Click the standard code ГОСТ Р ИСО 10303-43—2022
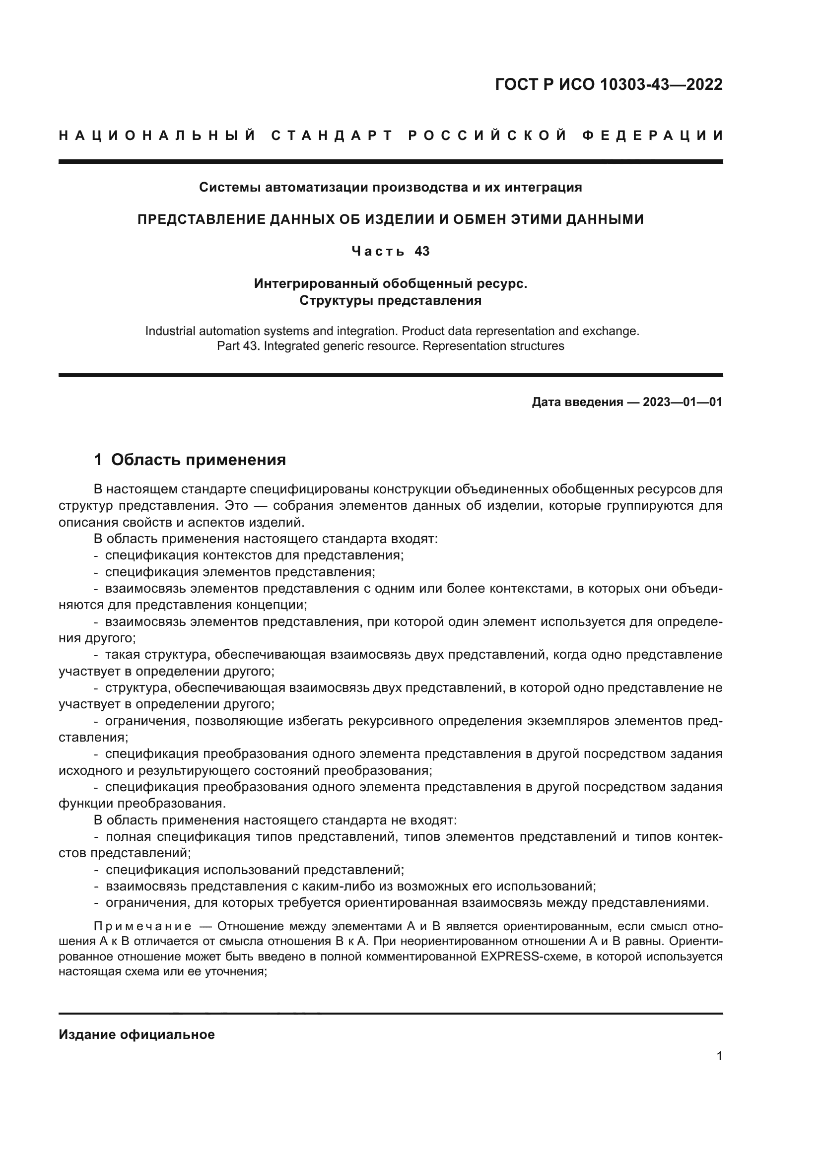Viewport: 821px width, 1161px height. [x=609, y=84]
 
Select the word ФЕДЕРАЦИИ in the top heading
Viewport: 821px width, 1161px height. [x=653, y=136]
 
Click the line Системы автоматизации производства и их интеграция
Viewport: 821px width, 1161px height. [x=390, y=188]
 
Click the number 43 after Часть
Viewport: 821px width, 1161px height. [x=422, y=251]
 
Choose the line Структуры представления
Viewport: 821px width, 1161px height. [x=390, y=301]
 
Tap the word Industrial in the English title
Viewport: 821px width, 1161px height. [x=170, y=331]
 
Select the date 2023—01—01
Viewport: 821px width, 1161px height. [x=683, y=403]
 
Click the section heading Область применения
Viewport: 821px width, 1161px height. [x=198, y=460]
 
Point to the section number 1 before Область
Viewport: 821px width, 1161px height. [x=98, y=460]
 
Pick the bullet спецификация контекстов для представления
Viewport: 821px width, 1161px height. [x=254, y=555]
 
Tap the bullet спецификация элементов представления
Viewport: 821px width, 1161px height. [x=240, y=572]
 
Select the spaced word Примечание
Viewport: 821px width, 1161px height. [x=142, y=926]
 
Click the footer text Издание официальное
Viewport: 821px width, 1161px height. [x=137, y=1034]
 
